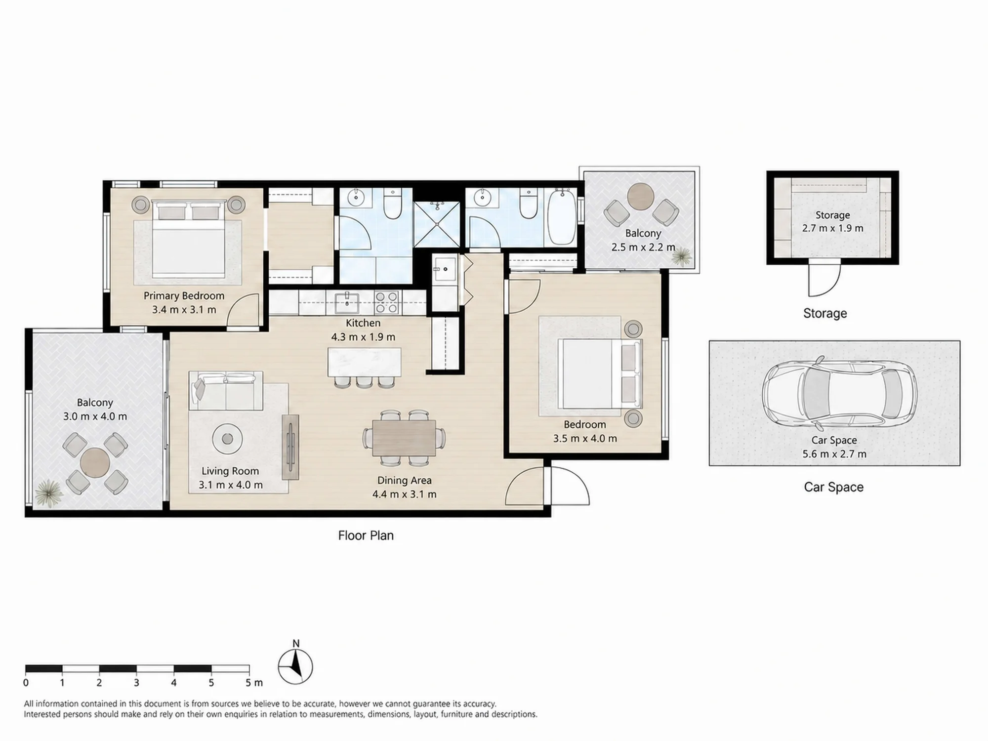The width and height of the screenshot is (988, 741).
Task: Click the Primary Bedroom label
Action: [x=184, y=295]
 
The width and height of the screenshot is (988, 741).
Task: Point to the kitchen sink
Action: [x=347, y=302]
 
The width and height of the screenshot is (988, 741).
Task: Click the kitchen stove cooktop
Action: [x=386, y=302]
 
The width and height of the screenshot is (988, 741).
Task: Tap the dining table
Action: [x=404, y=438]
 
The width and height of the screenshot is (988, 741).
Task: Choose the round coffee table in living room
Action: [x=227, y=438]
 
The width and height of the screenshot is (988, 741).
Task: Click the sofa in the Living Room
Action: [x=226, y=391]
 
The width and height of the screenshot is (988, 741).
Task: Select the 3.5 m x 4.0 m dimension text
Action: [x=585, y=438]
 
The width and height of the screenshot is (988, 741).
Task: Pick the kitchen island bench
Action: [x=365, y=362]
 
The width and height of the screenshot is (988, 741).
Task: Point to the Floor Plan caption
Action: [x=366, y=535]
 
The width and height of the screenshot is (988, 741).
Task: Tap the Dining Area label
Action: [x=404, y=480]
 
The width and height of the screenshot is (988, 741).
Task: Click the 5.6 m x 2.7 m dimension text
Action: [x=834, y=454]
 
